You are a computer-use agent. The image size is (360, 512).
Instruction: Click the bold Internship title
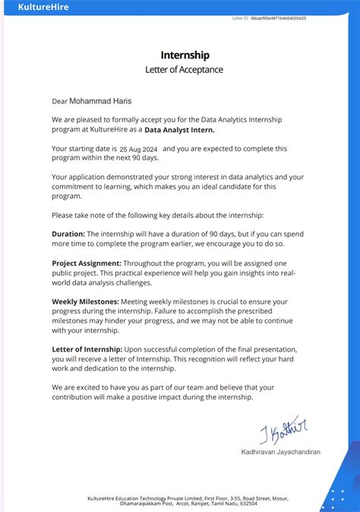[x=185, y=55]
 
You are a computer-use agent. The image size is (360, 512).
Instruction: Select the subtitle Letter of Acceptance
[x=185, y=69]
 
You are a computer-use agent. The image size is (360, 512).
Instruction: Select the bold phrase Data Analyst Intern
[x=183, y=130]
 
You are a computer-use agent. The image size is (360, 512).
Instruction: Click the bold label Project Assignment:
[x=87, y=262]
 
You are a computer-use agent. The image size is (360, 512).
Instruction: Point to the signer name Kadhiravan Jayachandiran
[x=280, y=452]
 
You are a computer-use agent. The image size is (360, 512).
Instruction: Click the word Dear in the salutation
[x=59, y=100]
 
